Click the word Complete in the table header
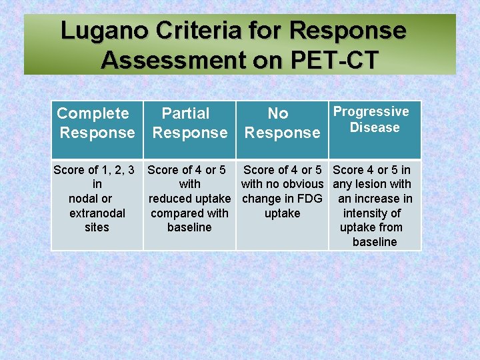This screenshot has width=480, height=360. [x=93, y=113]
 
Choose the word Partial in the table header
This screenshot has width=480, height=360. [x=185, y=113]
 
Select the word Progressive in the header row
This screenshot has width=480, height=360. [x=371, y=111]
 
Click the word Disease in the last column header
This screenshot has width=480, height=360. [x=375, y=127]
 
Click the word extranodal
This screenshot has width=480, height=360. [x=97, y=213]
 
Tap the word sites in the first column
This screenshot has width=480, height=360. [x=97, y=227]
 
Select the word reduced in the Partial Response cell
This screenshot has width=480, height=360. [x=169, y=199]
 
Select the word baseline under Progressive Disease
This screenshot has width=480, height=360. [x=375, y=242]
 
